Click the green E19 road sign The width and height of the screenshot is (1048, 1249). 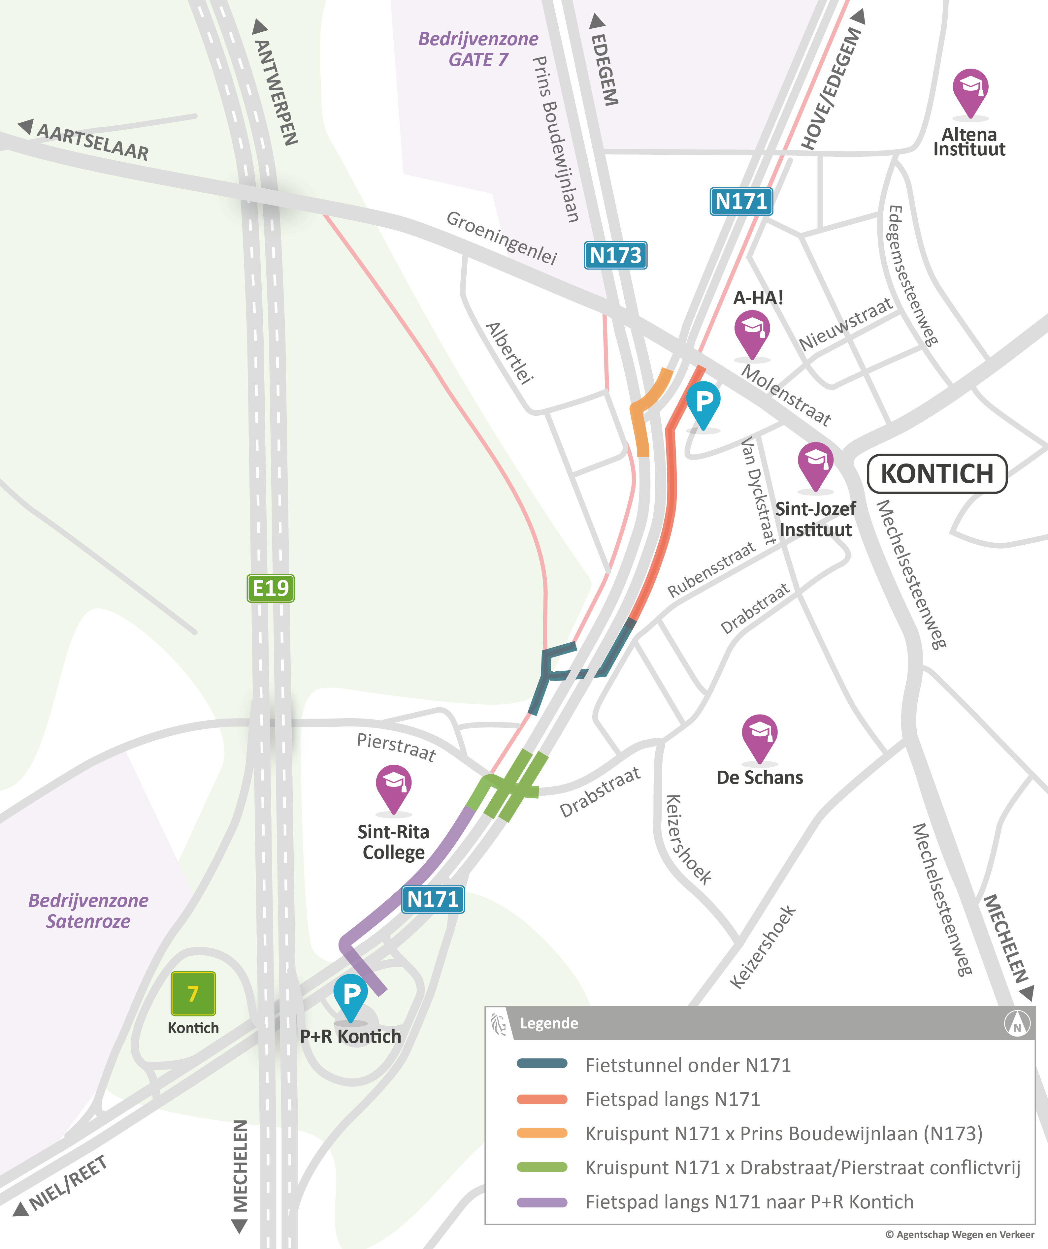click(271, 588)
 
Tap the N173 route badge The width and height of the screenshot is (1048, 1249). click(616, 255)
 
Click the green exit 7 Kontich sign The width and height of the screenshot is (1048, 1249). click(193, 993)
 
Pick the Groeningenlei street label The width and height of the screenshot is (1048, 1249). click(502, 237)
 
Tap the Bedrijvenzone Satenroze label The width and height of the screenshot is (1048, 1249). click(89, 911)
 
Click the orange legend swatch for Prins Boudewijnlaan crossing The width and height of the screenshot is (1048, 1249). click(542, 1133)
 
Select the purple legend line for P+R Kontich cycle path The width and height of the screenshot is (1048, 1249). click(542, 1202)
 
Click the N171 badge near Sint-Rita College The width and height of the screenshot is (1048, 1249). click(433, 899)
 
